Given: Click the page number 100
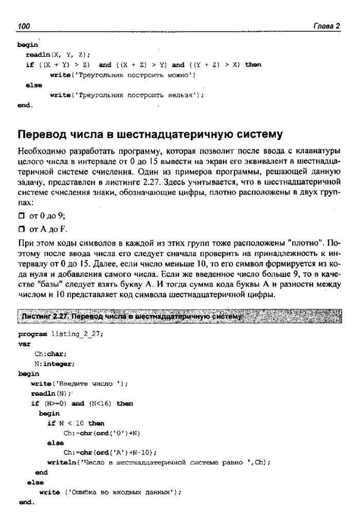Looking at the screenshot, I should pos(25,26).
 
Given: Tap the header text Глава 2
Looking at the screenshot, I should pos(328,26).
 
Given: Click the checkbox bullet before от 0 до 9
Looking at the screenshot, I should pos(22,217).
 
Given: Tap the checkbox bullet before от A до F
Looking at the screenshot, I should pos(22,229).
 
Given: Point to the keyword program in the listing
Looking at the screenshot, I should pos(33,333).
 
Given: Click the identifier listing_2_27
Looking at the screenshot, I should pos(77,333).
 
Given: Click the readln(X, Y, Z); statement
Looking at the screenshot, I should pos(58,55).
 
